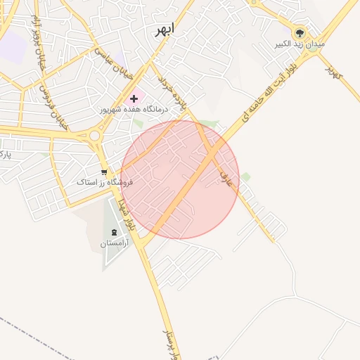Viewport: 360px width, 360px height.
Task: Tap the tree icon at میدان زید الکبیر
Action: click(x=300, y=32)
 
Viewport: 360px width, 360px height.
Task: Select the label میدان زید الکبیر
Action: click(x=300, y=44)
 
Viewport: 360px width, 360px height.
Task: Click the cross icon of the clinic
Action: click(x=134, y=99)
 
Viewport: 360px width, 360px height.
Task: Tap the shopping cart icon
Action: click(x=104, y=172)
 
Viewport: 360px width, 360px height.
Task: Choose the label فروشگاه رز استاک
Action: click(x=105, y=182)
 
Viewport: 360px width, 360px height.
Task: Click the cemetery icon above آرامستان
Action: click(x=114, y=232)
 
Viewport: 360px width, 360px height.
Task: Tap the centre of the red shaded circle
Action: click(x=180, y=179)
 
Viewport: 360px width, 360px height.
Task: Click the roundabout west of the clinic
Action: click(x=94, y=135)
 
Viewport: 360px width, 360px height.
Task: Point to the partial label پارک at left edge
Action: click(x=6, y=152)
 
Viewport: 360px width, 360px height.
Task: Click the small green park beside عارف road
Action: click(x=246, y=176)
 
